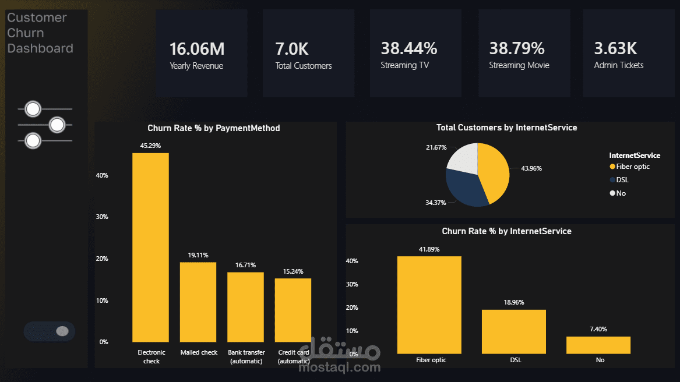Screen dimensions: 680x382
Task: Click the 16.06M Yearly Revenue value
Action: tap(197, 49)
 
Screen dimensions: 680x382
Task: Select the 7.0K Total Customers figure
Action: tap(292, 49)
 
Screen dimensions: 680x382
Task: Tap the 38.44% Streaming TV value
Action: tap(409, 48)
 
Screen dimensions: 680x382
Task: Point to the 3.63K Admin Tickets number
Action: tap(615, 48)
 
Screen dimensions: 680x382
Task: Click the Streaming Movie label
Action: tap(519, 65)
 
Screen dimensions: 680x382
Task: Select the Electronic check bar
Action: tap(150, 247)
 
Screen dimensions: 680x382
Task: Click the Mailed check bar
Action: tap(198, 302)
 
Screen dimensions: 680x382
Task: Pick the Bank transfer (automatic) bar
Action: tap(245, 307)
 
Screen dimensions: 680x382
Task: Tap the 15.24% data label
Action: tap(293, 271)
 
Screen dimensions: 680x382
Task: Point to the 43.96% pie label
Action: tap(531, 168)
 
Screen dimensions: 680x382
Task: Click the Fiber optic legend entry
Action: tap(630, 167)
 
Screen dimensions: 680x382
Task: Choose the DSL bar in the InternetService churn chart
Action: tap(514, 332)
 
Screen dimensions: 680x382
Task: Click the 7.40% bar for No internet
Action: tap(598, 345)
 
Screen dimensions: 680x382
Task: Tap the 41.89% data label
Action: tap(429, 249)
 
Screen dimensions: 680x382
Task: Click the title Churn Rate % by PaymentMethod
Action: tap(214, 128)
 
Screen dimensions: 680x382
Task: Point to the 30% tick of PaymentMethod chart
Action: tap(102, 217)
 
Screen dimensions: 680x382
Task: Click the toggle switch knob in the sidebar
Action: tap(62, 331)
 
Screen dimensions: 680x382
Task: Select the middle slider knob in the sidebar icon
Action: tap(57, 125)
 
